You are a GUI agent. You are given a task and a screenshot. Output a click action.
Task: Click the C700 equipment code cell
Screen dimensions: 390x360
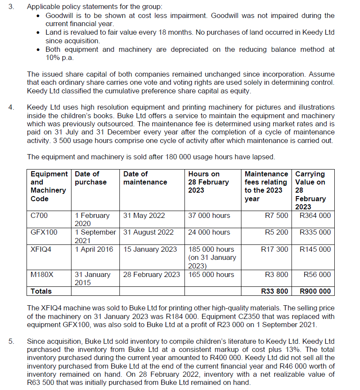(39, 215)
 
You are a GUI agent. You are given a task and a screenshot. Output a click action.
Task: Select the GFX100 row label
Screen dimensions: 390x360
(44, 232)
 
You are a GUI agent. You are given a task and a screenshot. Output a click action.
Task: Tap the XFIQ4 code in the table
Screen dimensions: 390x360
(41, 249)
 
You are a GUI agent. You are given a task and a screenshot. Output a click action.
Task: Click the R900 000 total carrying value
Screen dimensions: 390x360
(315, 291)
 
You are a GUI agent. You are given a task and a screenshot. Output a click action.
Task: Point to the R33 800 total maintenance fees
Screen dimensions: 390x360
(274, 291)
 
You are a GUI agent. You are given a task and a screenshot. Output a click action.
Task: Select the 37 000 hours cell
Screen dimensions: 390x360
(209, 215)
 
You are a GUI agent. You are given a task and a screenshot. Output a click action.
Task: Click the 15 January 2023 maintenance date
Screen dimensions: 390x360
(150, 249)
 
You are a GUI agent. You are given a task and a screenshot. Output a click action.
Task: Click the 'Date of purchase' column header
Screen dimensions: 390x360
(90, 178)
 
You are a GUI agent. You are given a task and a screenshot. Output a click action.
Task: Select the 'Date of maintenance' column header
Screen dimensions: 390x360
(145, 178)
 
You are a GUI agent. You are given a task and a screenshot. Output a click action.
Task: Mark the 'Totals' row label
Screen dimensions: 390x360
(41, 291)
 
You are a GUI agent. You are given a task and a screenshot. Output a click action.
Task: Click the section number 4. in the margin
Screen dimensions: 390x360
(12, 107)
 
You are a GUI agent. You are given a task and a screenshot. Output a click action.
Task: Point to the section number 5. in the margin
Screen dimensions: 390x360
(12, 341)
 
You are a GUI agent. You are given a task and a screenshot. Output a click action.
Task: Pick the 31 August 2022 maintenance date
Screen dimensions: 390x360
(149, 232)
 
